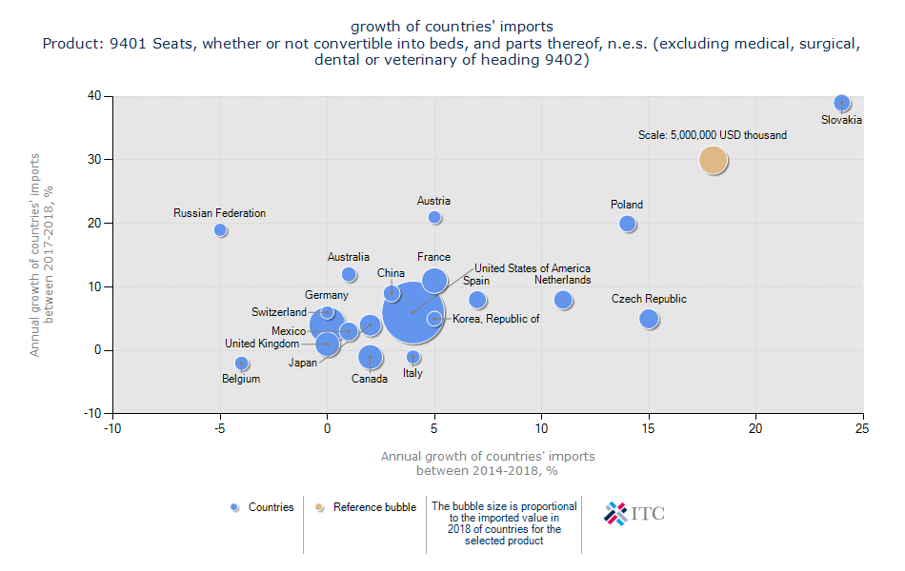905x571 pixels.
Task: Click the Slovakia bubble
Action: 841,103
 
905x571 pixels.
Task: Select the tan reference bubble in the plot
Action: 714,160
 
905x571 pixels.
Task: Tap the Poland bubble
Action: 627,224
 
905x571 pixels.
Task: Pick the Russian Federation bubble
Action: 220,229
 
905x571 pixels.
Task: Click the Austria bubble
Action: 434,217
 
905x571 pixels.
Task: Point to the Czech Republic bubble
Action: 649,319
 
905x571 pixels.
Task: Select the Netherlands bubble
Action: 563,300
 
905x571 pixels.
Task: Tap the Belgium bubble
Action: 242,364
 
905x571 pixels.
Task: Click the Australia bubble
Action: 349,274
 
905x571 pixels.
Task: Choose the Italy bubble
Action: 413,357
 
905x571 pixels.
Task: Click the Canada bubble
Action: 371,357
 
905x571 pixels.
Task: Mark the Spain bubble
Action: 477,300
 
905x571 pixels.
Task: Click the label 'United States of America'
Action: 532,268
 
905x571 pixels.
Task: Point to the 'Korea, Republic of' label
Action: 495,319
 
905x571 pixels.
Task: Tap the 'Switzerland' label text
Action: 279,312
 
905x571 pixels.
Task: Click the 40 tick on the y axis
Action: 95,95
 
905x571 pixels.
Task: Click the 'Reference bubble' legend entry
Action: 374,507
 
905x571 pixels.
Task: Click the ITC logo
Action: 634,513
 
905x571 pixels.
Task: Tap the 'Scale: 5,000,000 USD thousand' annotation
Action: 713,135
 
